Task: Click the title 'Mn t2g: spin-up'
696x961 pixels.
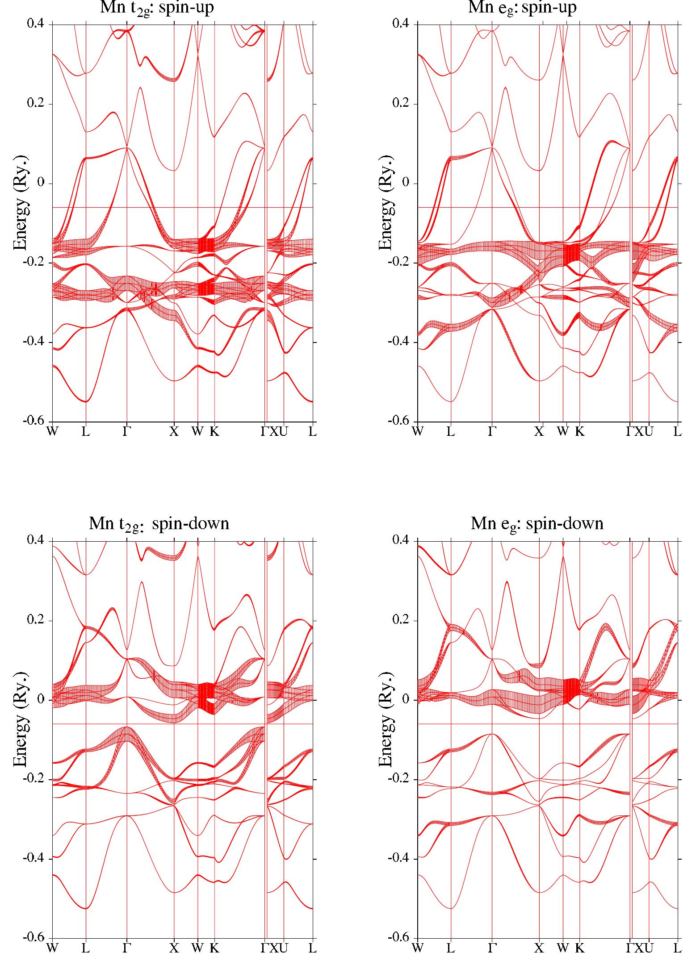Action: (157, 8)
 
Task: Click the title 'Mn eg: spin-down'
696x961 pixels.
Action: (537, 523)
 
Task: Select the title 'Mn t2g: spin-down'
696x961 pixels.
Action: (159, 523)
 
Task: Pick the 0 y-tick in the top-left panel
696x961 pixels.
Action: (44, 183)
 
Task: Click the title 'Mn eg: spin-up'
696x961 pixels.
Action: (522, 8)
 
